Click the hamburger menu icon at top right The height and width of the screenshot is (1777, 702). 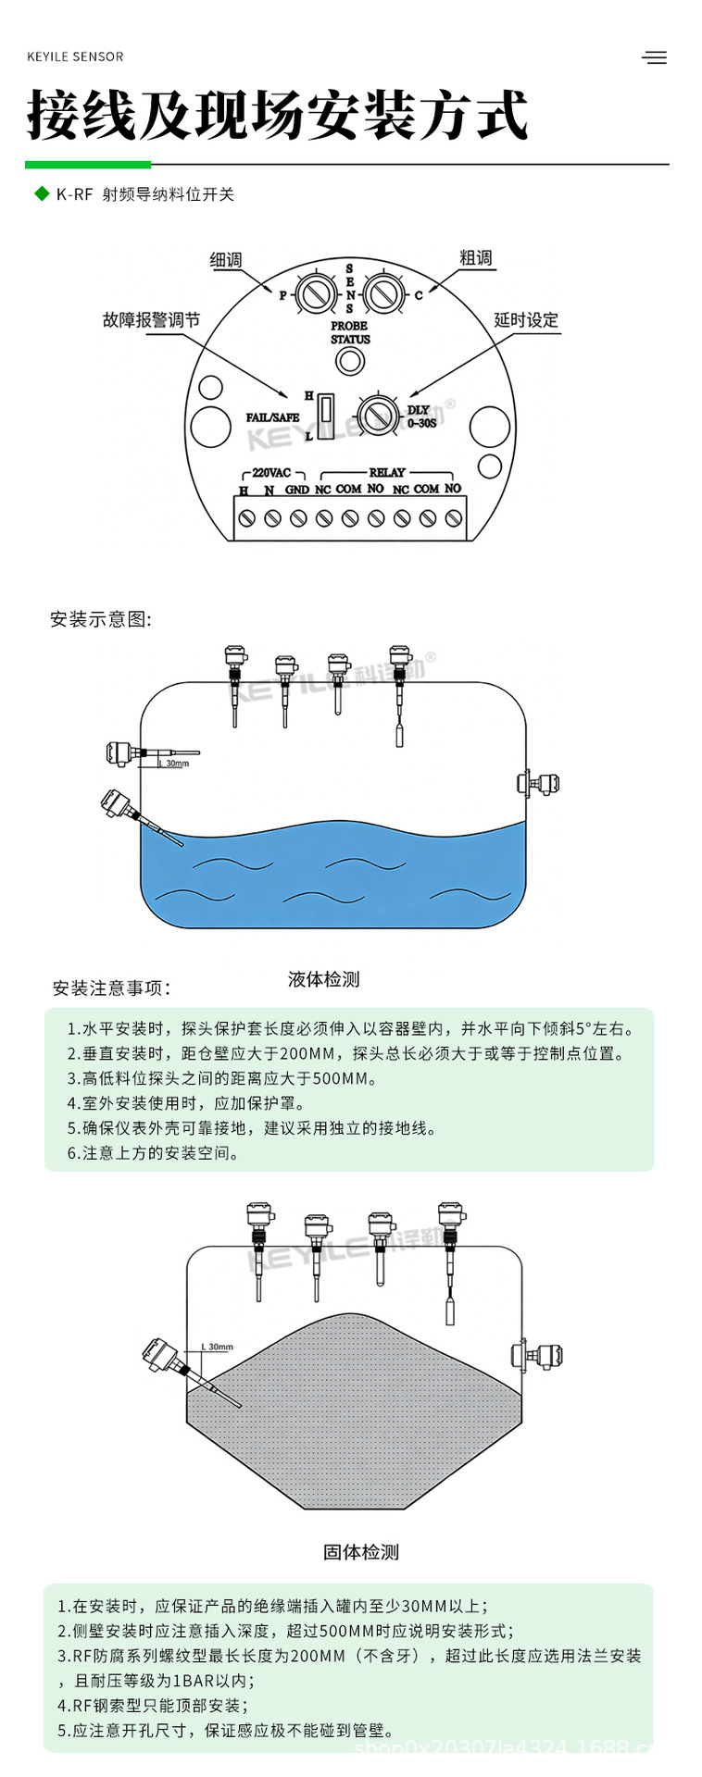[x=654, y=57]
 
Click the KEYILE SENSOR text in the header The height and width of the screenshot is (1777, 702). [x=75, y=56]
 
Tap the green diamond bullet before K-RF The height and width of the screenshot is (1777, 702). [x=41, y=193]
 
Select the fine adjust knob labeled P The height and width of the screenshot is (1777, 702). [x=315, y=294]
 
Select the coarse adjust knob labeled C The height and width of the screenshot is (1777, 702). [x=382, y=294]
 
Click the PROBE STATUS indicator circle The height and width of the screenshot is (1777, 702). [x=349, y=362]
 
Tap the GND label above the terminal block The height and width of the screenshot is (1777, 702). [x=296, y=489]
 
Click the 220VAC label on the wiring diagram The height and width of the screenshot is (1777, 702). [x=271, y=472]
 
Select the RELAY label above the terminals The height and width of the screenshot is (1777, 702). [x=387, y=472]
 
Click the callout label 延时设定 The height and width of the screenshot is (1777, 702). [x=526, y=320]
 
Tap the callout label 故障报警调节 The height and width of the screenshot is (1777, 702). [x=151, y=320]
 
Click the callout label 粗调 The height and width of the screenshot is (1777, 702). [x=476, y=257]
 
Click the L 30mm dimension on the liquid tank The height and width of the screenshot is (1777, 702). [x=176, y=764]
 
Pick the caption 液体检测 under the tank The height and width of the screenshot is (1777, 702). [x=323, y=978]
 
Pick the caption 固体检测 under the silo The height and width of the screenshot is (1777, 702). [x=360, y=1551]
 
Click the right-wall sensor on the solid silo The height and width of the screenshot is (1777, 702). [x=537, y=1357]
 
